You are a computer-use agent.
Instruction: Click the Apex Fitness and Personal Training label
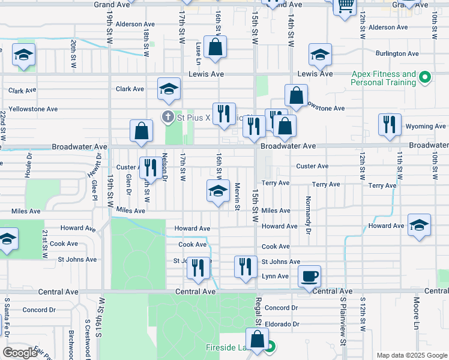click(384, 79)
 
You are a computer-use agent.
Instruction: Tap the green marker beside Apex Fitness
click(425, 77)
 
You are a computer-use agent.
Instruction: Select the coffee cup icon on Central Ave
click(309, 277)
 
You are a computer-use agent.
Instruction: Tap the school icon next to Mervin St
click(218, 191)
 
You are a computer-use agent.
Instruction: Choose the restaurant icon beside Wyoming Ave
click(389, 125)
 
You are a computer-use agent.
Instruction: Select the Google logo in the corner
click(21, 353)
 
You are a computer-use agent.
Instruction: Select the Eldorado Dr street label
click(281, 324)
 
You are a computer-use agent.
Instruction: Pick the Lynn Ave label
click(275, 277)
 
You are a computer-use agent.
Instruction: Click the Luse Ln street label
click(198, 53)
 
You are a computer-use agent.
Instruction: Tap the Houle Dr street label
click(28, 164)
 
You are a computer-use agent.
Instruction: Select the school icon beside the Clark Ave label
click(169, 89)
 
